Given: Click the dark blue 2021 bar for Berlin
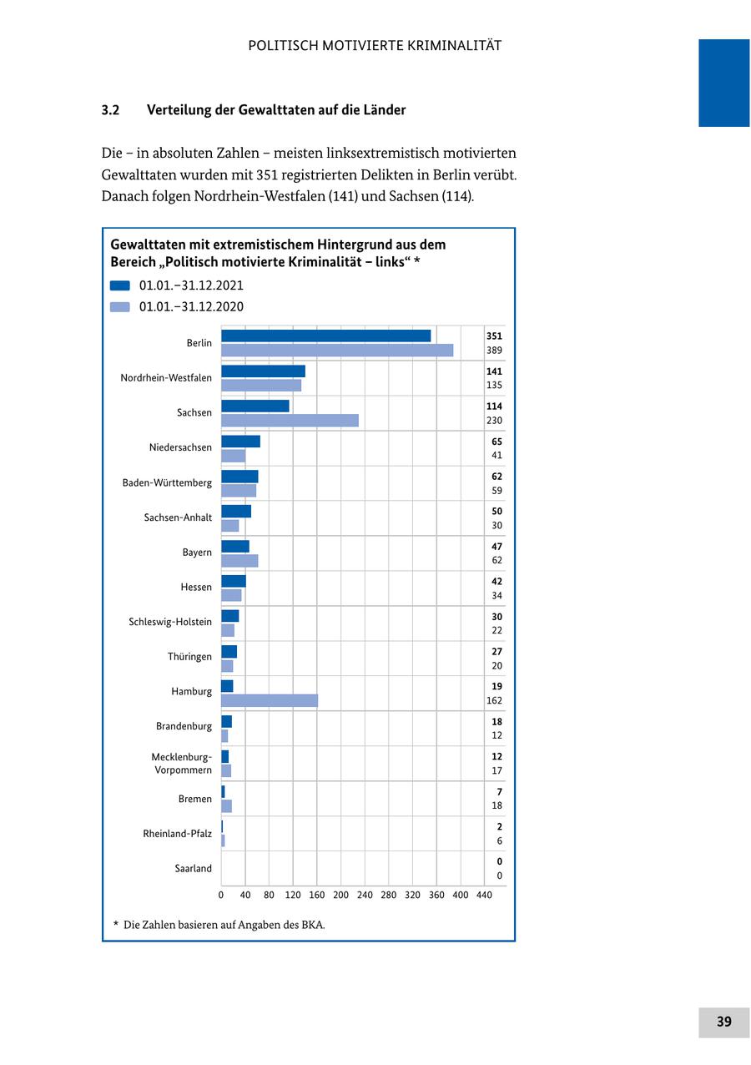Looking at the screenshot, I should coord(325,336).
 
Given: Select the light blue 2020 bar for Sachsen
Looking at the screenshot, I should coord(290,421).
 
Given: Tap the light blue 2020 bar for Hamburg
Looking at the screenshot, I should coord(270,700).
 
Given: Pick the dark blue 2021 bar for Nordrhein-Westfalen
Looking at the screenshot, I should coord(263,371).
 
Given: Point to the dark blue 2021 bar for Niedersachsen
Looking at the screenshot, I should coord(240,442).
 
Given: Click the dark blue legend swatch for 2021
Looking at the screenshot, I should coord(120,285).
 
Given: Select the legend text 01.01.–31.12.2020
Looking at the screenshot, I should coord(191,307).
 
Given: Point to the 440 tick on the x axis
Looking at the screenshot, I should coord(484,896).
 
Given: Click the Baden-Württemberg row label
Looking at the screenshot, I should coord(167,482).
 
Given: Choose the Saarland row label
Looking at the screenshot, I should coord(193,869).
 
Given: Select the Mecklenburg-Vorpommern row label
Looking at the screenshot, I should coord(181,764).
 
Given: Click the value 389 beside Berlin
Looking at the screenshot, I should coord(494,351).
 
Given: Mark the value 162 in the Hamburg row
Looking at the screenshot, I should coord(494,701).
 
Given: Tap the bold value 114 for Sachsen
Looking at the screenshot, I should coord(494,406).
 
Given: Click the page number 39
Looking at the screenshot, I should coord(723,1022).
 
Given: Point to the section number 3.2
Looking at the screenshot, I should coord(111,110).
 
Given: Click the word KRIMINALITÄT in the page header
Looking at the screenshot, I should coord(454,46).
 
